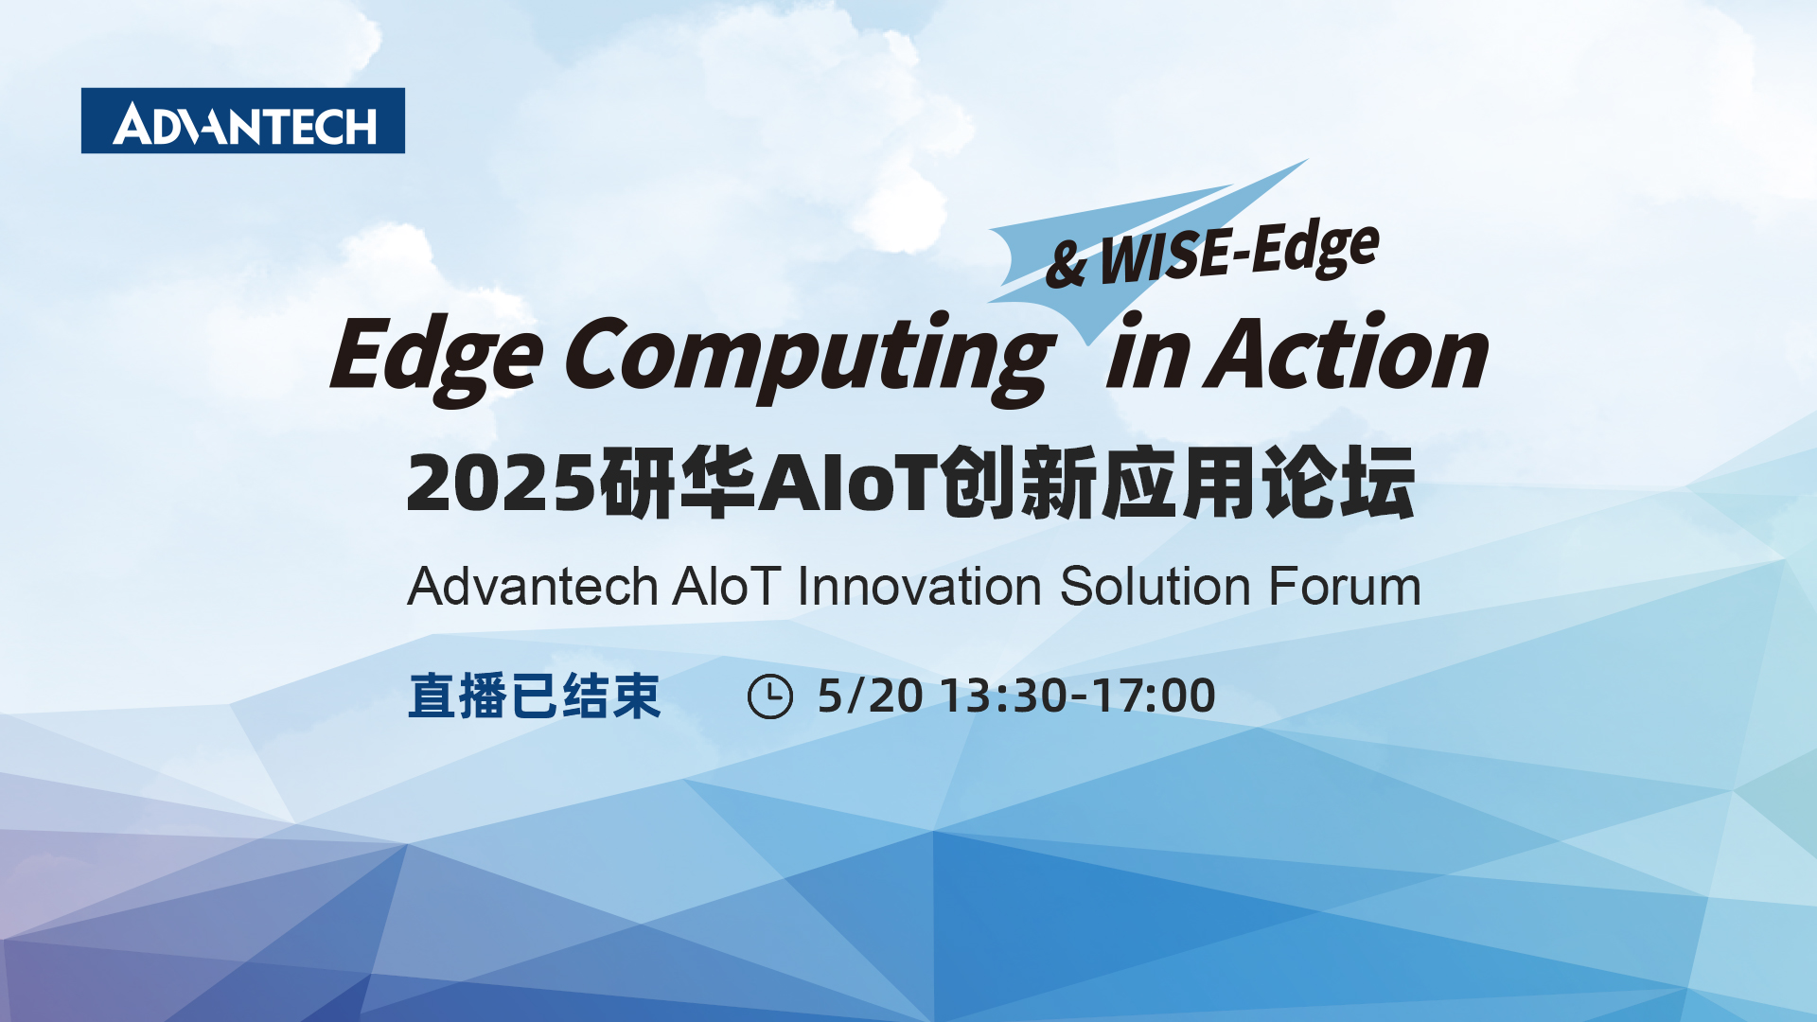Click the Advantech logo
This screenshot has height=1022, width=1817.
click(243, 121)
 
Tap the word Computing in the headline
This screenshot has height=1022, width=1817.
click(810, 358)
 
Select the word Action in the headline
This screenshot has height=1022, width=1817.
click(1347, 352)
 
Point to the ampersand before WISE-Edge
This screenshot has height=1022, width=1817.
click(1067, 264)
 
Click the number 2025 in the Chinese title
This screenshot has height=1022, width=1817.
click(502, 483)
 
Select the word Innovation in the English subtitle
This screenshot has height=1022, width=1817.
click(919, 587)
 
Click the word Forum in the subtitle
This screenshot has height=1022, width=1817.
click(1345, 587)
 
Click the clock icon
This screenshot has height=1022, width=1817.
click(770, 696)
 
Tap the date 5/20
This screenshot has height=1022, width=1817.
click(871, 696)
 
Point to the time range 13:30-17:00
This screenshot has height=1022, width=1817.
click(1079, 696)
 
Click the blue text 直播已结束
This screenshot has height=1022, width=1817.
click(535, 696)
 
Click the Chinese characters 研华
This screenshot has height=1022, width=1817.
click(678, 483)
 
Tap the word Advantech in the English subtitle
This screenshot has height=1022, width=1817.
click(533, 587)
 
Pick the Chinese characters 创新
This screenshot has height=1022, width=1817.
click(1020, 483)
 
